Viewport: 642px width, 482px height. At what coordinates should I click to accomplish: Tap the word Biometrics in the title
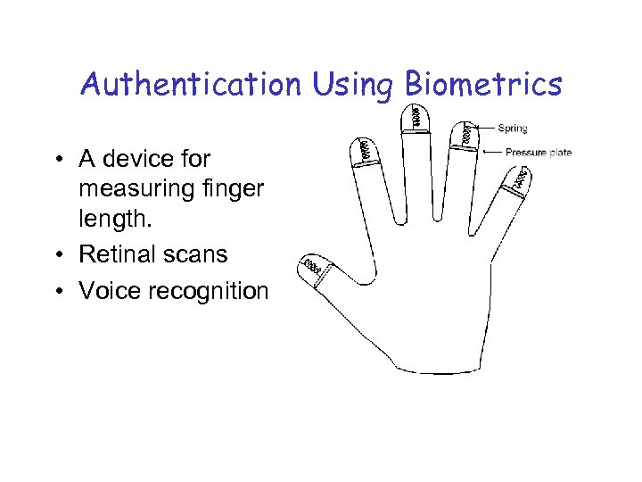coord(483,85)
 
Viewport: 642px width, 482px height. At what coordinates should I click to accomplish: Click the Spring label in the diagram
coord(513,129)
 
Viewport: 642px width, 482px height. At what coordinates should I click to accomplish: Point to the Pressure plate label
coord(539,153)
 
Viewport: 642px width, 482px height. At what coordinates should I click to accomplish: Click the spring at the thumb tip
coord(311,265)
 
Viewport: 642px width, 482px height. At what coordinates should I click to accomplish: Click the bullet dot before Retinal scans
coord(57,255)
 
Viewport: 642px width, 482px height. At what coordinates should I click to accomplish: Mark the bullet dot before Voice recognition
coord(57,292)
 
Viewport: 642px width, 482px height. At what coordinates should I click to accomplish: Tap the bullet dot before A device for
coord(57,160)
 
